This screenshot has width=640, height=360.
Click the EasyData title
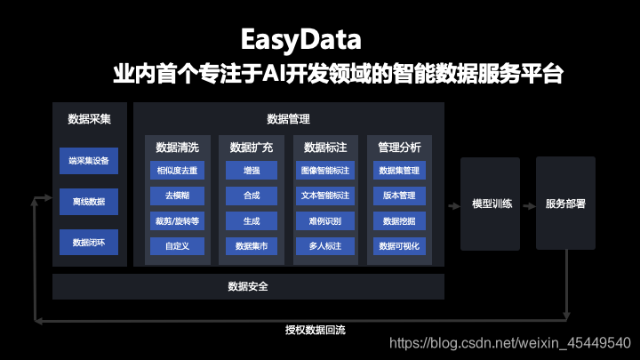coord(302,40)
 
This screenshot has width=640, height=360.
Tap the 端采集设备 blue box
coord(89,161)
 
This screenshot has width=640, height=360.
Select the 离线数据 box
coord(89,202)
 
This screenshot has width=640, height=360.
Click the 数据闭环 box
coord(89,242)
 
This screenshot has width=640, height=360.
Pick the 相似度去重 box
coord(177,170)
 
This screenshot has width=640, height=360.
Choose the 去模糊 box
coord(177,195)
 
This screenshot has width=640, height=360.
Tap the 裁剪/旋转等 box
coord(177,220)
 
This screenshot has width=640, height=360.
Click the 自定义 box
coord(177,244)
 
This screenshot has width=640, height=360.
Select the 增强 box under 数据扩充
coord(251,170)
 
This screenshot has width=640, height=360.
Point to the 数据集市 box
coord(251,244)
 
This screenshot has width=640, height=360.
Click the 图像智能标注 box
coord(325,170)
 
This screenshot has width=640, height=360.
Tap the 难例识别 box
coord(325,220)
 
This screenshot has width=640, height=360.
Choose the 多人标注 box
coord(325,244)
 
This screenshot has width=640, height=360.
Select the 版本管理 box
coord(399,195)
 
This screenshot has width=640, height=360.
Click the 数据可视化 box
coord(399,244)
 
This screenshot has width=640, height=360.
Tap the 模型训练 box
coord(492,203)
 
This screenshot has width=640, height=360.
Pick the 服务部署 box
coord(565,203)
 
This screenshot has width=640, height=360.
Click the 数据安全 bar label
coord(248,286)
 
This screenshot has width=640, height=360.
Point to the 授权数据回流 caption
coord(315,331)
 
